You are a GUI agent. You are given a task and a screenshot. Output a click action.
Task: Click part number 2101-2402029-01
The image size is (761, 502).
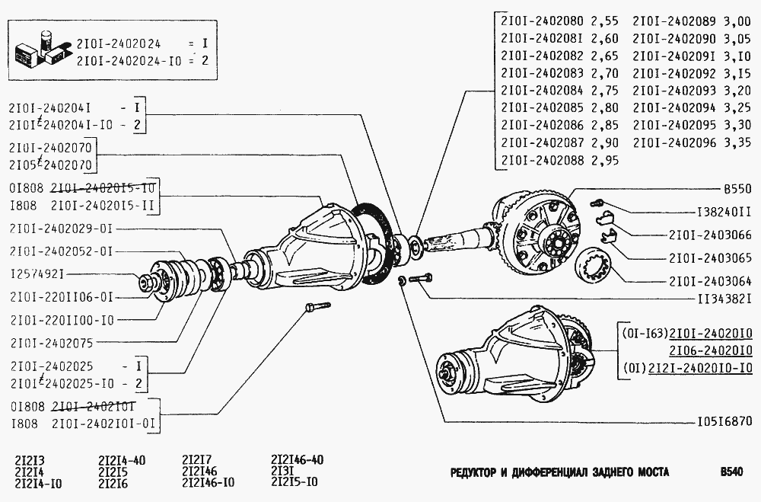pyautogui.click(x=63, y=229)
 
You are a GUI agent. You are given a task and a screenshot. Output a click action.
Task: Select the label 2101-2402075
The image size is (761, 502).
pyautogui.click(x=51, y=342)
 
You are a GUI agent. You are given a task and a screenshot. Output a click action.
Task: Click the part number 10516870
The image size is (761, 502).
pyautogui.click(x=724, y=420)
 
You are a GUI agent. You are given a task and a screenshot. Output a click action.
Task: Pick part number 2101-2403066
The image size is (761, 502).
pyautogui.click(x=711, y=235)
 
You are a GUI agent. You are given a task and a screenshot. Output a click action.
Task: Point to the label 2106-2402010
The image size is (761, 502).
pyautogui.click(x=711, y=350)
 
